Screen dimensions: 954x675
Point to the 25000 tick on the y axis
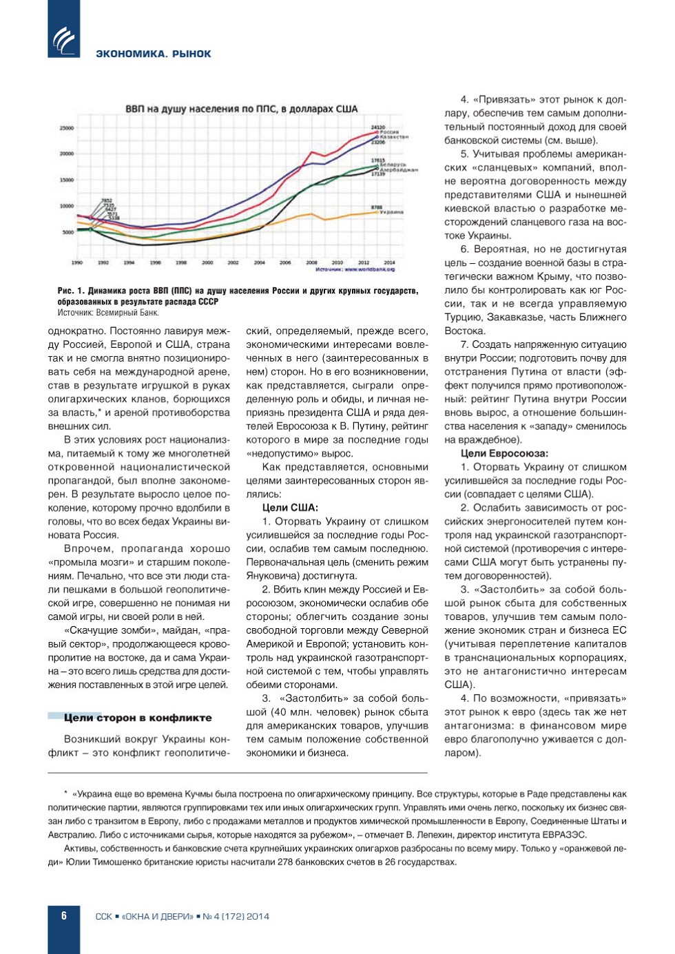(67, 128)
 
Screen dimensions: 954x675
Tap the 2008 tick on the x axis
(311, 262)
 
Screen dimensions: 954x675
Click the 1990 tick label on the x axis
(77, 262)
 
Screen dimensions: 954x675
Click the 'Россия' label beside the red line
(390, 132)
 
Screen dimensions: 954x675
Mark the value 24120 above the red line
(377, 127)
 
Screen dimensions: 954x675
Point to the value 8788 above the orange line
(377, 207)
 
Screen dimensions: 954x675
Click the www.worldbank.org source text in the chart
(369, 269)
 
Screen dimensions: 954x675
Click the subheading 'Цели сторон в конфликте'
(138, 718)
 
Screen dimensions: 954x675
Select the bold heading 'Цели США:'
(290, 508)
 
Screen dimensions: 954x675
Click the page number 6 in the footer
(64, 915)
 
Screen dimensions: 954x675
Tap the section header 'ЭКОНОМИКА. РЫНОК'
(153, 54)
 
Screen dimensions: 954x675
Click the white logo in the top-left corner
(64, 39)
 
